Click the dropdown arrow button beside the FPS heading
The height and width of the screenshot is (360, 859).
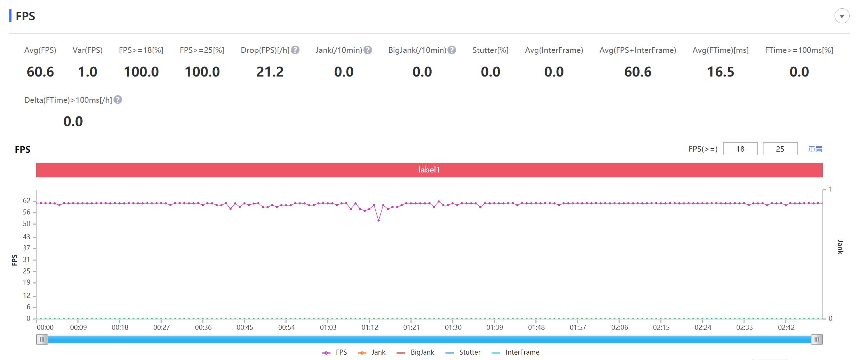(x=842, y=16)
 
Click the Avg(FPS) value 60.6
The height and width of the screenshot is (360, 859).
(x=40, y=72)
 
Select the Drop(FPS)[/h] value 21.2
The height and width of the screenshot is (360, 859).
(x=270, y=72)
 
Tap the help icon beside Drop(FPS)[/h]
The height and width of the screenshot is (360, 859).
(x=295, y=50)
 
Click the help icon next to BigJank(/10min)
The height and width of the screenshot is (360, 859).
(x=452, y=50)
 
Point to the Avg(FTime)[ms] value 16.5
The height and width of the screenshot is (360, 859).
(x=720, y=72)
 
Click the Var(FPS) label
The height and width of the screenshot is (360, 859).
(x=87, y=50)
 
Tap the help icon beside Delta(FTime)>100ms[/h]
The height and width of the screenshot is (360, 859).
(x=118, y=100)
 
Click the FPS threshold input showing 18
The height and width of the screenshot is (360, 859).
(x=740, y=149)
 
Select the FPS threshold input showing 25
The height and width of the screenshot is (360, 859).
(x=780, y=149)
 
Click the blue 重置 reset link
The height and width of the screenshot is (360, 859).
(x=815, y=149)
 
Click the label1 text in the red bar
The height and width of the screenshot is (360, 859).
(x=429, y=170)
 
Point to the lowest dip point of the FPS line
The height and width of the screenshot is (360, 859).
(x=379, y=220)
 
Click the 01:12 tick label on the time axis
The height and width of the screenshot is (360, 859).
(x=370, y=327)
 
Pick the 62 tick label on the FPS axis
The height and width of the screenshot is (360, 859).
(x=27, y=201)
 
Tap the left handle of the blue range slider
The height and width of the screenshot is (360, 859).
(x=42, y=340)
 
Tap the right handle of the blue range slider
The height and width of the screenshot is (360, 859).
(x=817, y=340)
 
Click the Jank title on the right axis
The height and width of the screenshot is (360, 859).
(x=840, y=247)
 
